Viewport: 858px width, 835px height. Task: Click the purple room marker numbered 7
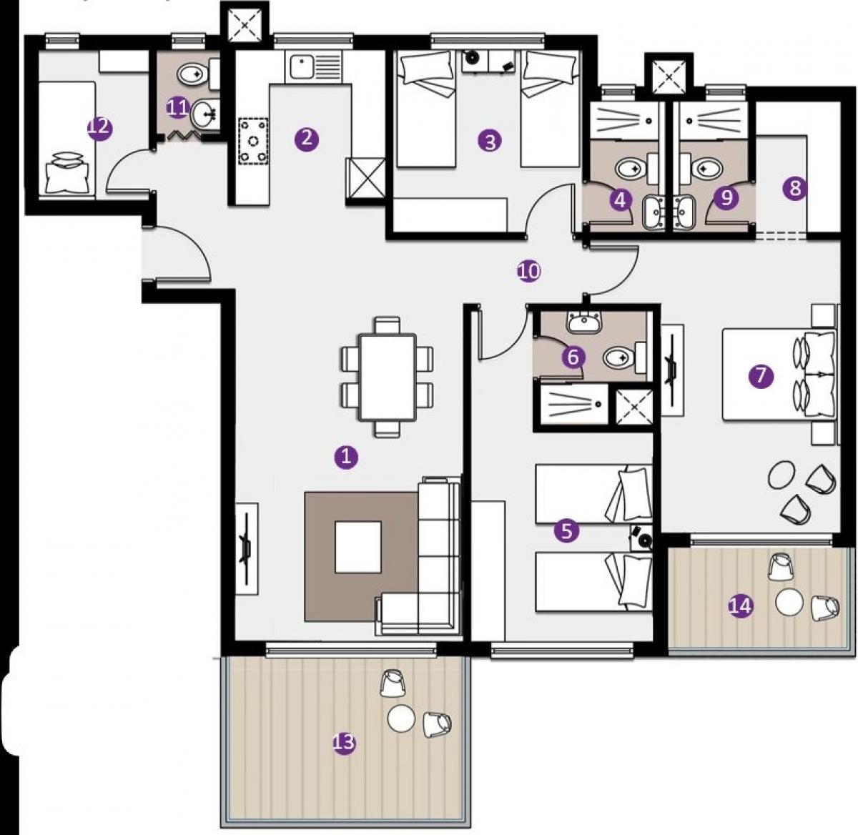[x=761, y=376]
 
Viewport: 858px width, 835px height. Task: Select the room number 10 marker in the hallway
[x=529, y=272]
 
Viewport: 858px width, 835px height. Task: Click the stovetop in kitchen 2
[x=253, y=141]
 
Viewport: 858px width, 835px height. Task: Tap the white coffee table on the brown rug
[x=358, y=547]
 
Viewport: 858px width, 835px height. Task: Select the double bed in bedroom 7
[x=779, y=375]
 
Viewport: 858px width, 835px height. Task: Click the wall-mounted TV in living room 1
[x=247, y=549]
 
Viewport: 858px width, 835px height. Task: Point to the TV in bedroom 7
[x=673, y=370]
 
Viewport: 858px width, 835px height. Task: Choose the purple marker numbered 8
[x=795, y=189]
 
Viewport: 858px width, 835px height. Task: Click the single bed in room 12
[x=67, y=138]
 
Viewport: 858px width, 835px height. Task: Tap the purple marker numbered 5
[x=566, y=531]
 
